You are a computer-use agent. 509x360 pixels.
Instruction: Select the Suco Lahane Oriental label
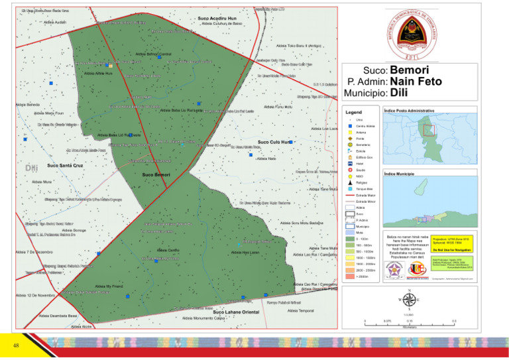pyautogui.click(x=235, y=312)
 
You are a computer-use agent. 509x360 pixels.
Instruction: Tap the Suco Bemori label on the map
pyautogui.click(x=156, y=174)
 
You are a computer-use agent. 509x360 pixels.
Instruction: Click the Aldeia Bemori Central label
pyautogui.click(x=153, y=54)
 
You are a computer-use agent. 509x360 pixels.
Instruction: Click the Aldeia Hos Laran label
pyautogui.click(x=245, y=253)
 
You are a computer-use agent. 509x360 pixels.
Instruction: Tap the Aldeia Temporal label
pyautogui.click(x=301, y=310)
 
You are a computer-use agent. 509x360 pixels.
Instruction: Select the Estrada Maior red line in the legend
pyautogui.click(x=350, y=196)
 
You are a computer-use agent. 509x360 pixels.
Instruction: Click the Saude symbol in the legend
pyautogui.click(x=350, y=170)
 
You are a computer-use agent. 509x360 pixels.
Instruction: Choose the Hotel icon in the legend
pyautogui.click(x=350, y=164)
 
